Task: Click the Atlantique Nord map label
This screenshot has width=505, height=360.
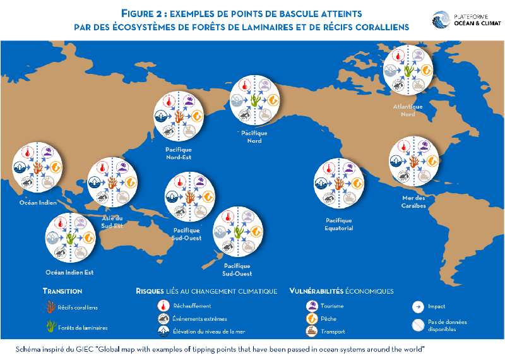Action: pos(408,110)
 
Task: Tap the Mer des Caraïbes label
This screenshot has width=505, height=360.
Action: pos(413,202)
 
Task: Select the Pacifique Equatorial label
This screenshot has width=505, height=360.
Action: pos(339,224)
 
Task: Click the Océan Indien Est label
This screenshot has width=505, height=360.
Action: pos(69,273)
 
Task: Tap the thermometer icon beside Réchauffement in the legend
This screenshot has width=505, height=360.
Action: pos(162,306)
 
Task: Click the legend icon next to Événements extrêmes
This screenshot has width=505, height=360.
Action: pos(162,319)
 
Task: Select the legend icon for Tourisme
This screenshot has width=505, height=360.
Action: pos(311,306)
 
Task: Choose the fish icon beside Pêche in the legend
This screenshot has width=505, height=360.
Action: pos(311,319)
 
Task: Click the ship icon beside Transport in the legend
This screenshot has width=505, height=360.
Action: pos(311,331)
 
